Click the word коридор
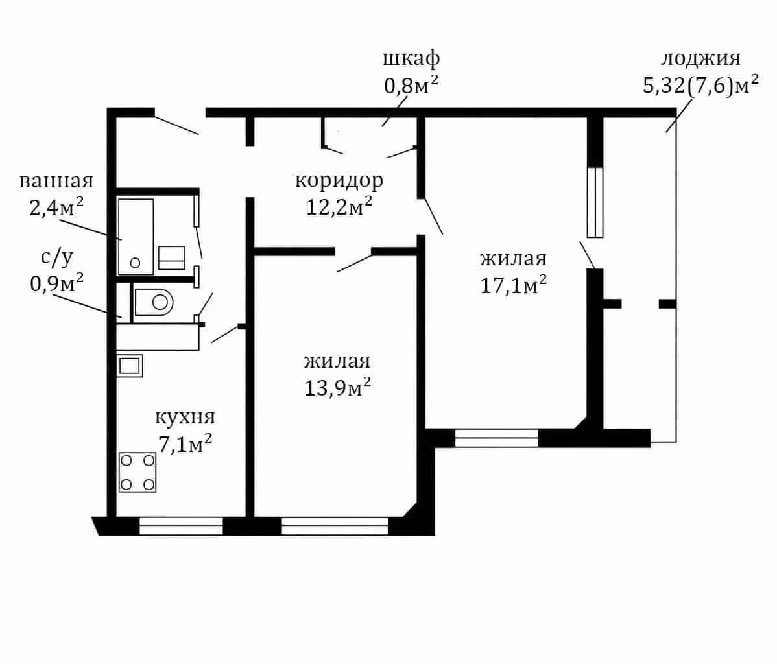(339, 180)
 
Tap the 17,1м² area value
(514, 285)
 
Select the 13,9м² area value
(337, 387)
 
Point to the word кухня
(185, 417)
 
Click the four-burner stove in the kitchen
(137, 472)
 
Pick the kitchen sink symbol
(129, 366)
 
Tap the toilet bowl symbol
(154, 302)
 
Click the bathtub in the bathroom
(136, 237)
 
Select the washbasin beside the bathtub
(171, 257)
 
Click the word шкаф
(411, 58)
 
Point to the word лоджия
(700, 59)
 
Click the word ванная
(56, 181)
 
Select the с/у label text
(57, 257)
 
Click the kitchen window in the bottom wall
(181, 527)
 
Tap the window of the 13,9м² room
(335, 527)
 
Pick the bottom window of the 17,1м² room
(497, 438)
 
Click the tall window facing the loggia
(595, 202)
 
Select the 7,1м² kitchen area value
(185, 443)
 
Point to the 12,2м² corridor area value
(339, 206)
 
